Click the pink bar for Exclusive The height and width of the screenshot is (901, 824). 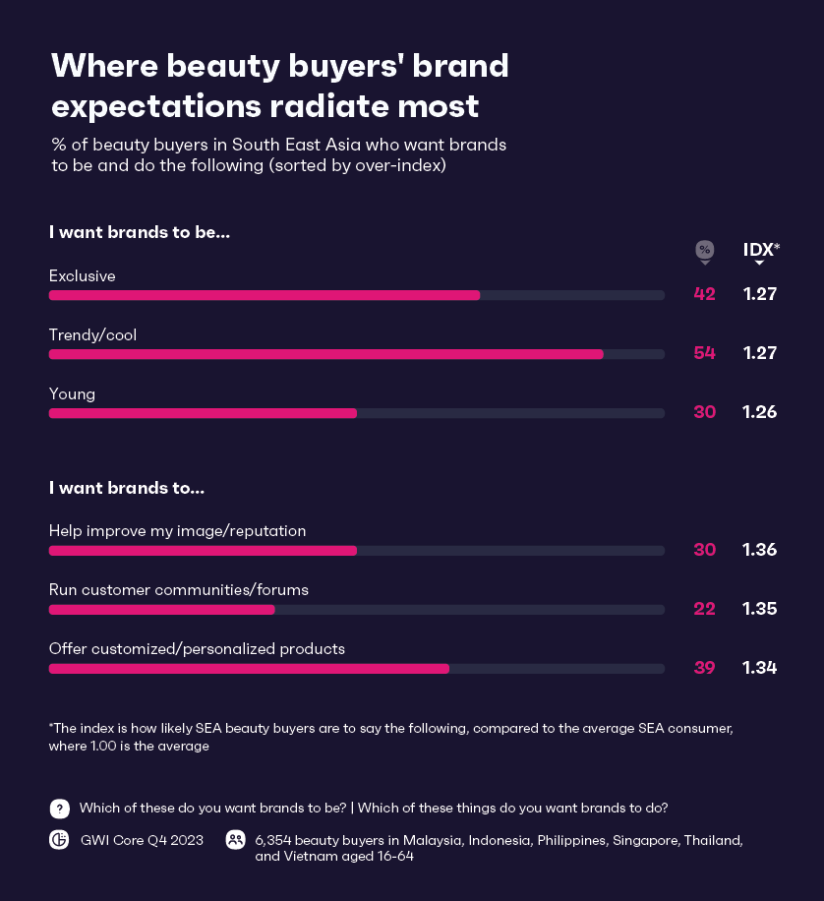(264, 295)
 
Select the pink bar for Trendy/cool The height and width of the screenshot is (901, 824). (325, 354)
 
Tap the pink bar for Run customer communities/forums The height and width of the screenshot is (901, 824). (161, 610)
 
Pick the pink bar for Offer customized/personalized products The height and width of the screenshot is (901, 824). (249, 669)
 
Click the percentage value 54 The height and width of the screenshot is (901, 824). (704, 353)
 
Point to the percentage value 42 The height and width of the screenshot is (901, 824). (704, 294)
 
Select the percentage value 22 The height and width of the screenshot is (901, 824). (704, 609)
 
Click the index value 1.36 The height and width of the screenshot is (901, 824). (760, 550)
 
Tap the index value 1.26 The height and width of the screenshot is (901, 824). (760, 412)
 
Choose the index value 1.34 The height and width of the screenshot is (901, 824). (760, 668)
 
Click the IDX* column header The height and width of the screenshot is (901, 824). (761, 250)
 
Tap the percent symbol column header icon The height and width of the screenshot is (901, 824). (704, 250)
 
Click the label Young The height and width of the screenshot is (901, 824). (72, 393)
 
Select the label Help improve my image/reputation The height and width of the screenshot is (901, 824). (177, 531)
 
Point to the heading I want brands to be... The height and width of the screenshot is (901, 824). (140, 233)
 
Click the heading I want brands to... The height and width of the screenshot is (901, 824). (127, 488)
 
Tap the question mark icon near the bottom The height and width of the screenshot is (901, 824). (60, 809)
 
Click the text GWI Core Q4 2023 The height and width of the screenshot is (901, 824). (142, 840)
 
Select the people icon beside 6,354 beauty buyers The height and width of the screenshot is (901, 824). (235, 840)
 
